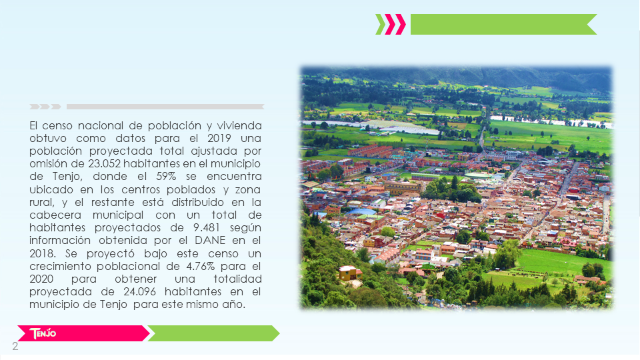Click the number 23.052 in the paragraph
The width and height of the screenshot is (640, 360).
click(x=104, y=164)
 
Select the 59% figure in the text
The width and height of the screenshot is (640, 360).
click(x=166, y=176)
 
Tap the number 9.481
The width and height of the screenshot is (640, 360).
click(x=207, y=227)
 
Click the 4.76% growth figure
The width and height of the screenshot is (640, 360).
click(x=201, y=266)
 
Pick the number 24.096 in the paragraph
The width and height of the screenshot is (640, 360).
click(x=139, y=291)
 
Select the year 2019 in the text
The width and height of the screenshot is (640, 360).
click(x=219, y=138)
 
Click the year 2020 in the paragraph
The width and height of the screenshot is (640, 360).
click(x=41, y=279)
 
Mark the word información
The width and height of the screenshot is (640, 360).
click(x=60, y=241)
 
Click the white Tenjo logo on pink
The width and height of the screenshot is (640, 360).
click(x=43, y=333)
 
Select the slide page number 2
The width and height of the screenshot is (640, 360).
click(x=15, y=347)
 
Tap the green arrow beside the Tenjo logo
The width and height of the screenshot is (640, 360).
click(x=213, y=333)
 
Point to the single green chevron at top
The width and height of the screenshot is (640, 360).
click(x=380, y=25)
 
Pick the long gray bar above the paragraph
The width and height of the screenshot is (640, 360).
click(x=165, y=107)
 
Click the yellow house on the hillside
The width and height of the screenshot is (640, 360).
click(x=349, y=273)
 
